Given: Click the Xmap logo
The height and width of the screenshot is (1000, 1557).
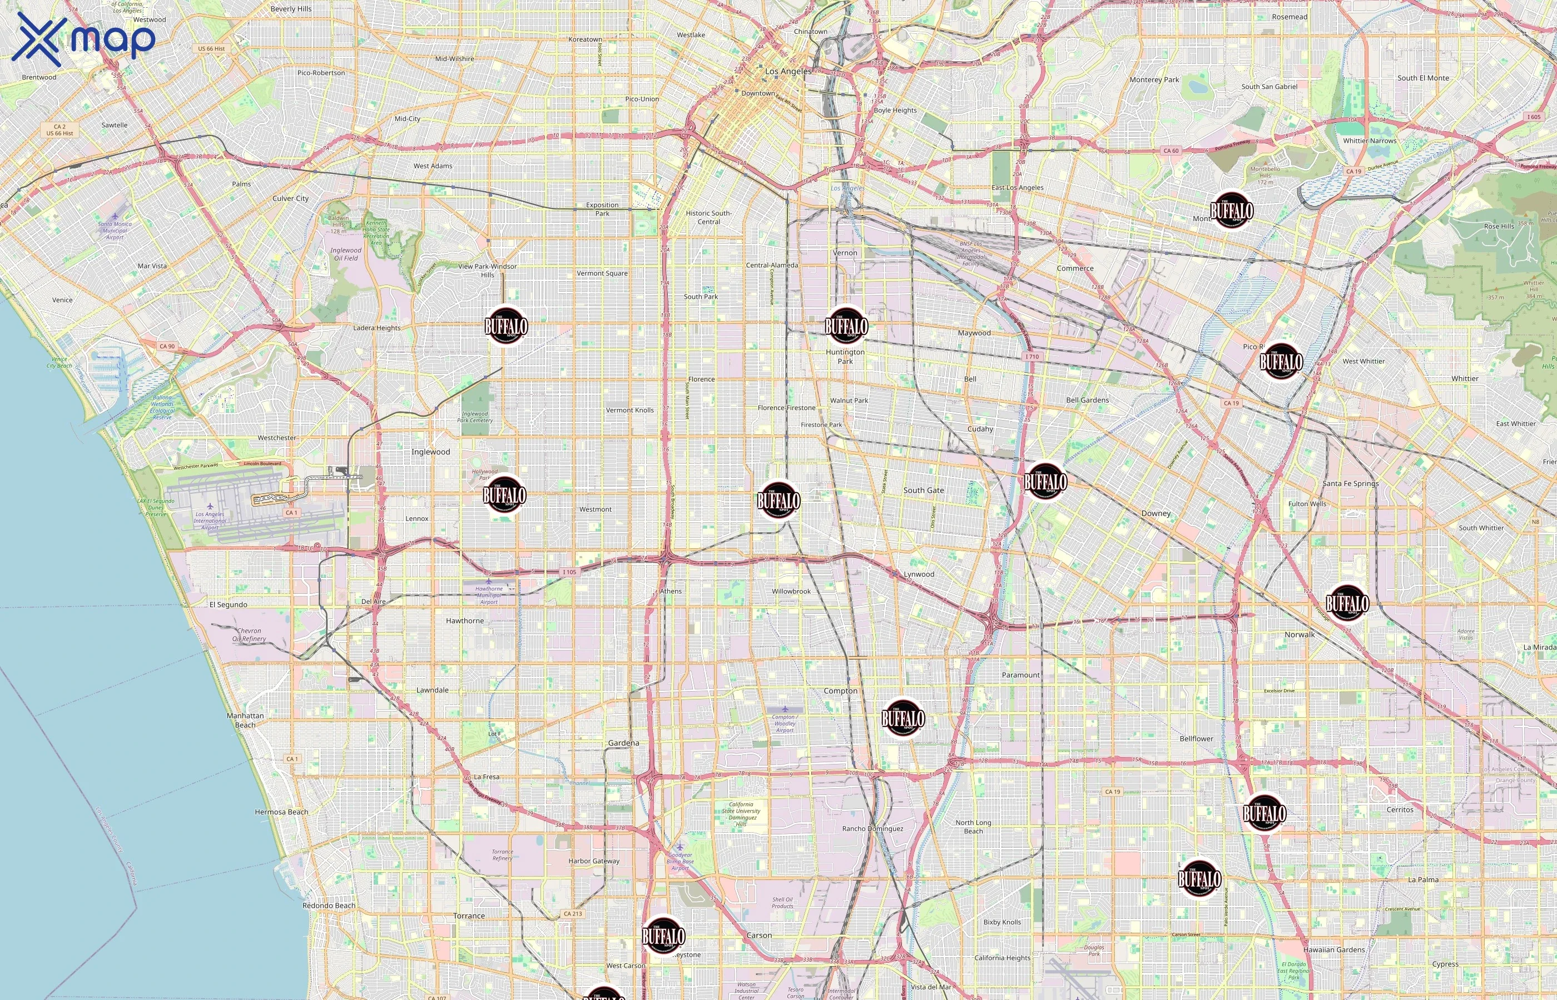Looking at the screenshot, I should [x=83, y=39].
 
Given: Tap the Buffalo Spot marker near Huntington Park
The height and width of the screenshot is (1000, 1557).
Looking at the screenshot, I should [x=846, y=326].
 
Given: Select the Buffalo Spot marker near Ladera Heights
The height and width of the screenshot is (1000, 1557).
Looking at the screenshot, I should [x=505, y=326].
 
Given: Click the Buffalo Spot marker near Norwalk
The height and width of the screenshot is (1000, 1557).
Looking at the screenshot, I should [x=1346, y=604].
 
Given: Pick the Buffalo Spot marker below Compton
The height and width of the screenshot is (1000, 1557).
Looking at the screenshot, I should [x=903, y=719].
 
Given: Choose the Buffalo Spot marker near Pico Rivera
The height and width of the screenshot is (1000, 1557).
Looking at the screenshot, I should [x=1281, y=362].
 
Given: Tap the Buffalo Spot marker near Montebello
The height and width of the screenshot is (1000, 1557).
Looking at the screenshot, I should [x=1231, y=211].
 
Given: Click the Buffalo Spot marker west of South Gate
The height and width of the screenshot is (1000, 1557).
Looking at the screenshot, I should [x=778, y=501].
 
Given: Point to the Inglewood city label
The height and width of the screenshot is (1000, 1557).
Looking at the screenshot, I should [x=430, y=452].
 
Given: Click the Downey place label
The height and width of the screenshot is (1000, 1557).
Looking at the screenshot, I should [x=1156, y=513].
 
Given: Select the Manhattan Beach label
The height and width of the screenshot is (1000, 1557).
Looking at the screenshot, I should [x=245, y=720].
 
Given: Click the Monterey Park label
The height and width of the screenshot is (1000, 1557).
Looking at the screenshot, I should [x=1154, y=80].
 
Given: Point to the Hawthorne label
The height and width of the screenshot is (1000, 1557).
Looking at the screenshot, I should [x=465, y=621].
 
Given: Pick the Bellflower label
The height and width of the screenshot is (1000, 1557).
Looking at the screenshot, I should [x=1196, y=738].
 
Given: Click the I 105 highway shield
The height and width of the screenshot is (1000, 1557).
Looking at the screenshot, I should [x=569, y=572].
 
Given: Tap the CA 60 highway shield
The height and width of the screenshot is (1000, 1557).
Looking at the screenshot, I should [x=1171, y=151].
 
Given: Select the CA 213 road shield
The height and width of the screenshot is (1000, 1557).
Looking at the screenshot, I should [x=573, y=914].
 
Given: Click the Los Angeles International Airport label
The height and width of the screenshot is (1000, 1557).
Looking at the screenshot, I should [x=210, y=520].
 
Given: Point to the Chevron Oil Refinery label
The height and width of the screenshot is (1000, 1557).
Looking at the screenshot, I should [x=249, y=634].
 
